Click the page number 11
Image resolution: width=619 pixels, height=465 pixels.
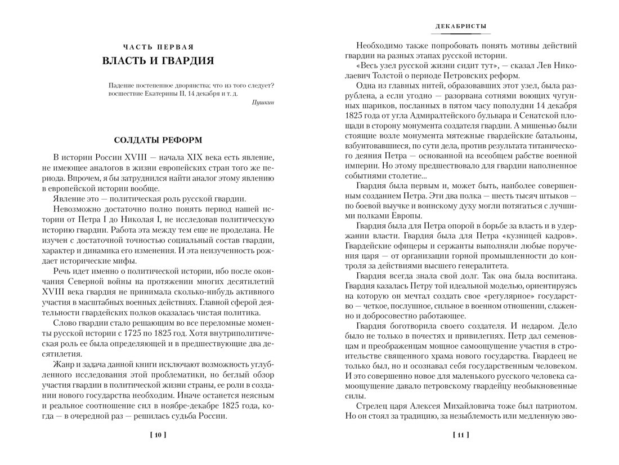point(461,435)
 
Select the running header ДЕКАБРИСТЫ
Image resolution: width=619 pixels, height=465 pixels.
point(461,26)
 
